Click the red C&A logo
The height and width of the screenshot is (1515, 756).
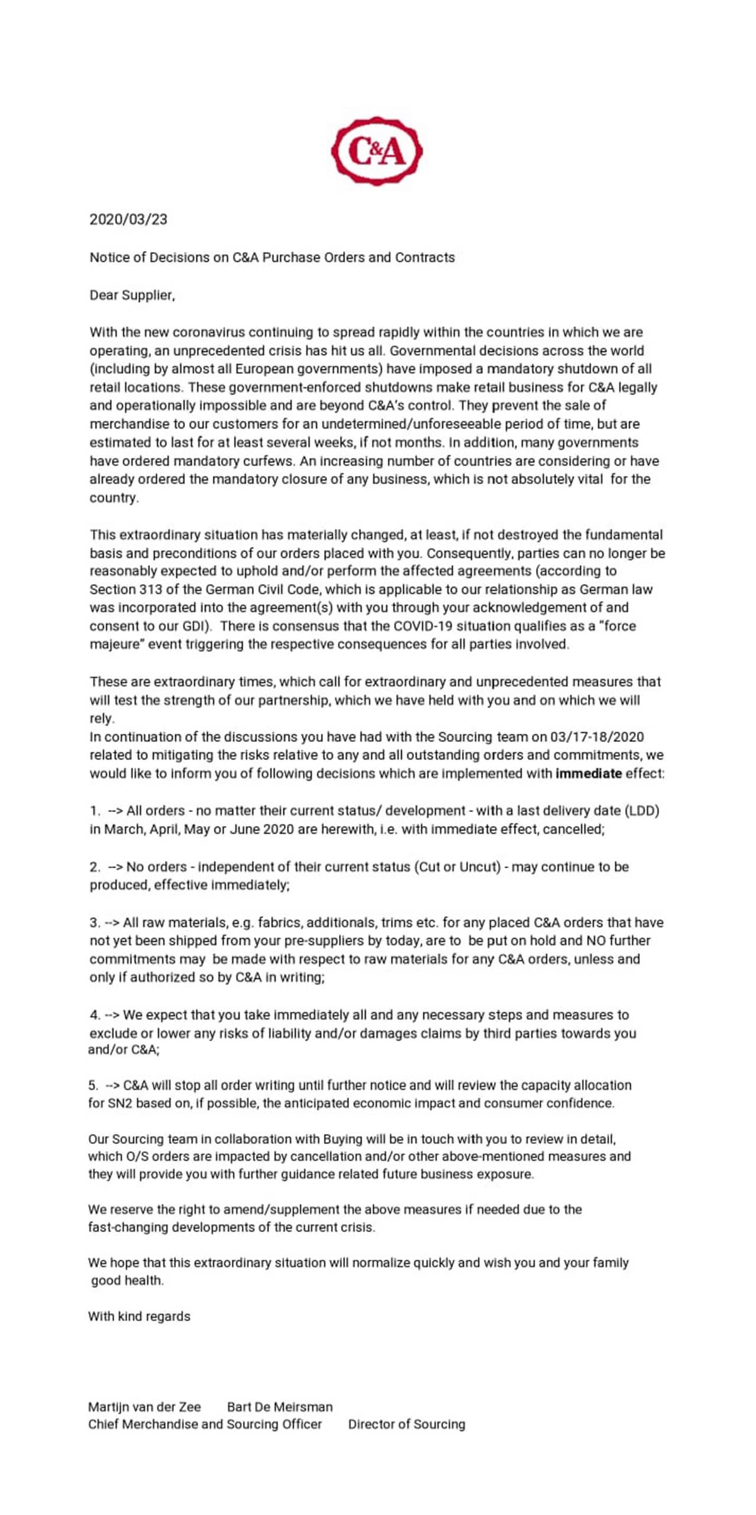(377, 151)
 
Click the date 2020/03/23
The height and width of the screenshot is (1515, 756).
(128, 220)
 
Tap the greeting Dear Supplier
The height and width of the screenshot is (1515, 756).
(132, 295)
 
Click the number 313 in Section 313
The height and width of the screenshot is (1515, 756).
(150, 589)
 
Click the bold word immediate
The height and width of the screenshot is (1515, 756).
(589, 773)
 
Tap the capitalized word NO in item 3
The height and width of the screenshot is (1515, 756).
(596, 941)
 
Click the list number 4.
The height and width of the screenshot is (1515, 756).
(94, 1015)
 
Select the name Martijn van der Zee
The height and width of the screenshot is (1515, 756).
(144, 1407)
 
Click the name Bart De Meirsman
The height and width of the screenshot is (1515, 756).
(280, 1407)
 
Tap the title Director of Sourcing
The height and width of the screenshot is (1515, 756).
(406, 1424)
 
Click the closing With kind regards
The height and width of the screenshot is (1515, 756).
(139, 1316)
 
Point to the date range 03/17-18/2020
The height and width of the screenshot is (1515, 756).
(597, 737)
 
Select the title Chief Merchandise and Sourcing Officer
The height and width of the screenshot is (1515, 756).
(205, 1424)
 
